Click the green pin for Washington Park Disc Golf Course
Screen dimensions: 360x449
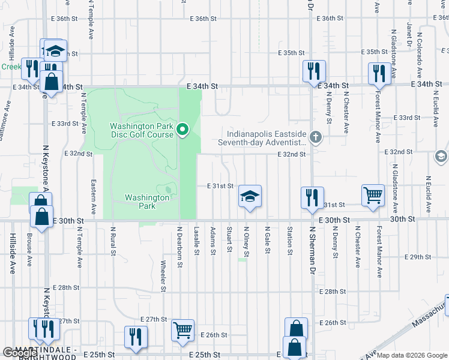tap(184, 129)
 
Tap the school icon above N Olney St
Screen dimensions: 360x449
tap(250, 196)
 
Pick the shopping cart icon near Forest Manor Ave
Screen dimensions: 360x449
tap(373, 195)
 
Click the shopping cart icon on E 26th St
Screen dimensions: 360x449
tap(182, 330)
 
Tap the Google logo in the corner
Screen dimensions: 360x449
tap(17, 353)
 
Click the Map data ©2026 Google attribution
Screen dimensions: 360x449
tap(412, 355)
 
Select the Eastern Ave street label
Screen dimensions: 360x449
tap(94, 197)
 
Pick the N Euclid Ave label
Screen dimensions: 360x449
tap(429, 195)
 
